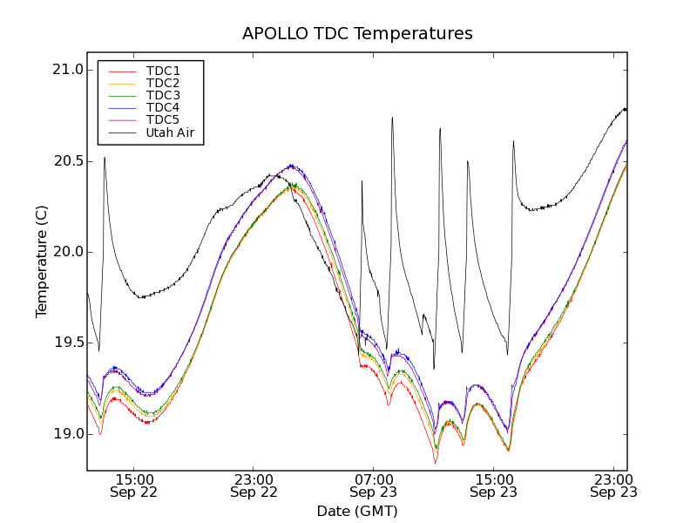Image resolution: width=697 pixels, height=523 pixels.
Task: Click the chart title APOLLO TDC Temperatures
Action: tap(357, 34)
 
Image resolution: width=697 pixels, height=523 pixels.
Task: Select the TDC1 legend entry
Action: tap(163, 71)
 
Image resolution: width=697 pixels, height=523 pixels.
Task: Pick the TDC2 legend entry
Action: tap(163, 83)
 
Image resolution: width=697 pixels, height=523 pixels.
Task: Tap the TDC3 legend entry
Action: tap(163, 95)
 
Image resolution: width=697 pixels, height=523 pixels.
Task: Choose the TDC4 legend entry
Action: tap(163, 107)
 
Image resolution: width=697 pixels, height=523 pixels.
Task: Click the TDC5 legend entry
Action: tap(163, 119)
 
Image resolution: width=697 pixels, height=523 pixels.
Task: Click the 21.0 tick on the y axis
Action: tap(67, 70)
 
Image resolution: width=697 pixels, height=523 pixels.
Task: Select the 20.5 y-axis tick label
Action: tap(67, 161)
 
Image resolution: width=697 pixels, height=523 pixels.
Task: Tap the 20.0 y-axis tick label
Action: tap(67, 252)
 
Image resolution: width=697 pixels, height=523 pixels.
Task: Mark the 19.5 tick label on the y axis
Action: tap(67, 343)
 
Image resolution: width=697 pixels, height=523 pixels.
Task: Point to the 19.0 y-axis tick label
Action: tap(67, 434)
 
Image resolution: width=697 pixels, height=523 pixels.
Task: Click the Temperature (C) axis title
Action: tap(42, 261)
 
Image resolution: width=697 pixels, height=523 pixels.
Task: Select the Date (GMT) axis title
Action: tap(357, 511)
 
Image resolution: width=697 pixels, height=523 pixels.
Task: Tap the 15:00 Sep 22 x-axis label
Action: tap(133, 486)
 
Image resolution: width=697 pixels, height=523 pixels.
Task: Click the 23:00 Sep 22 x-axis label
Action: tap(254, 486)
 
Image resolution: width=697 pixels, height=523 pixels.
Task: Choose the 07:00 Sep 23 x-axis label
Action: tap(374, 486)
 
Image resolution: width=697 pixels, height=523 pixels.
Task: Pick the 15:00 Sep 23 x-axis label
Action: tap(493, 486)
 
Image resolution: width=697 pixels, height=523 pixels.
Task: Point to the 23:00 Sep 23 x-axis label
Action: tap(613, 486)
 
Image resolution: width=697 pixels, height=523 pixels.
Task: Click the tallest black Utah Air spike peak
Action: tap(392, 118)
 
